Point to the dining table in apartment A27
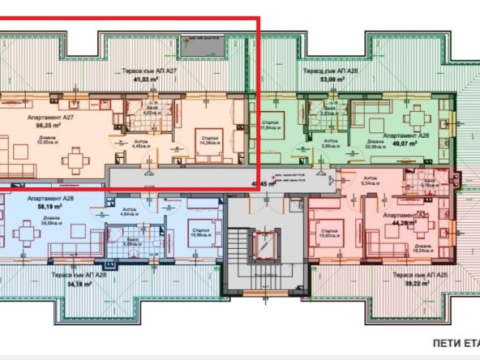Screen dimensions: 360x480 coord(75,160)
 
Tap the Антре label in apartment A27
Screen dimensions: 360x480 coord(139,141)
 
